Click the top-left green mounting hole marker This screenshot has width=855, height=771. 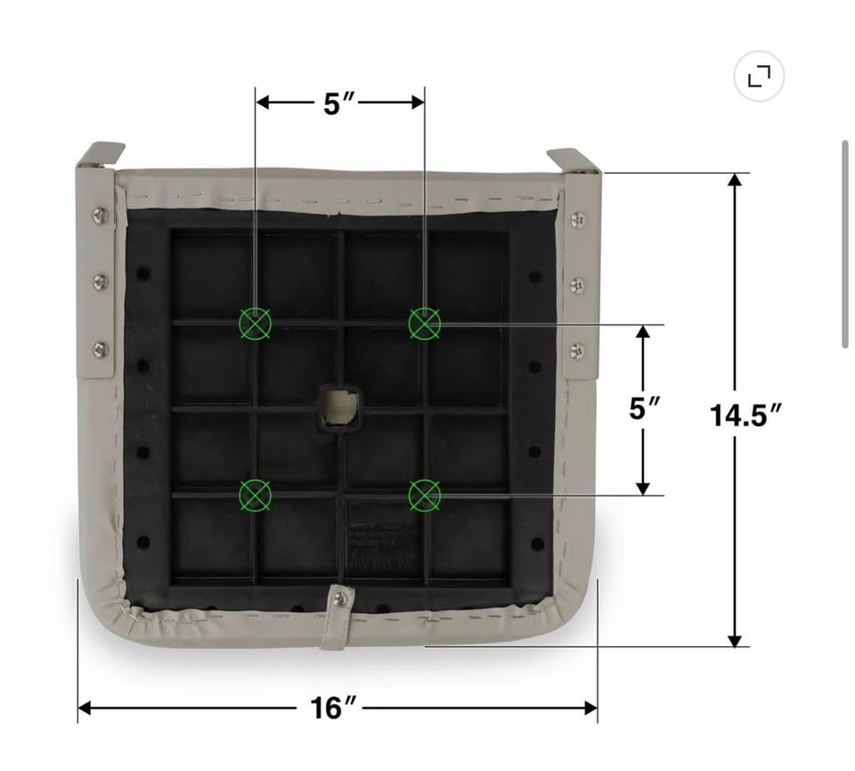256,324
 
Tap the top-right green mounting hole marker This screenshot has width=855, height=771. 425,324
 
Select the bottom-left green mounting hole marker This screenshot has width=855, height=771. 256,496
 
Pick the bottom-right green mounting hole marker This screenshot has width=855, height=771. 425,496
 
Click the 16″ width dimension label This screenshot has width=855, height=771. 332,709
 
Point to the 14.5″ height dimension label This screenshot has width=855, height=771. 746,415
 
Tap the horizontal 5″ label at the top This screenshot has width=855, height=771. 339,103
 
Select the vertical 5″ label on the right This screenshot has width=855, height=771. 645,409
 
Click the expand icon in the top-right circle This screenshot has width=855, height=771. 759,76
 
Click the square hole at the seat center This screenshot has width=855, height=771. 339,407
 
